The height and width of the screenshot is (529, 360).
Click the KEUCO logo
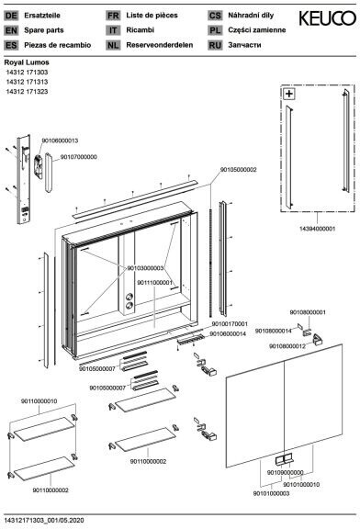[327, 18]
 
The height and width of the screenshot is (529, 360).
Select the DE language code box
[11, 16]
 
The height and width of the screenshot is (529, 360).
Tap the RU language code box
[215, 45]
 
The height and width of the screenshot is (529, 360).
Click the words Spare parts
[44, 30]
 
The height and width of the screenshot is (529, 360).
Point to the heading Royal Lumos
[27, 62]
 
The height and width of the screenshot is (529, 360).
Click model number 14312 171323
[27, 92]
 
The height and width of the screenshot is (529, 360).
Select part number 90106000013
[60, 141]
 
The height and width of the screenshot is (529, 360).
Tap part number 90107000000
[79, 157]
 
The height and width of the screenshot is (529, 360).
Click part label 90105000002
[239, 170]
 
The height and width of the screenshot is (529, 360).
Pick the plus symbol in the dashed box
[289, 94]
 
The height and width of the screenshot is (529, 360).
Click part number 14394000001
[317, 229]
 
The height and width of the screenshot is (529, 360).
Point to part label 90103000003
[145, 268]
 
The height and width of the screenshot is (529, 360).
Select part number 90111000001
[154, 282]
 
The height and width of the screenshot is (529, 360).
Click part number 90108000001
[308, 312]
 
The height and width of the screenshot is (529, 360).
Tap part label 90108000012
[287, 346]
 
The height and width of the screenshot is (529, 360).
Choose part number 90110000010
[39, 401]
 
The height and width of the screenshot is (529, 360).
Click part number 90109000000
[285, 473]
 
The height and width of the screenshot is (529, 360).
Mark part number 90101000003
[271, 493]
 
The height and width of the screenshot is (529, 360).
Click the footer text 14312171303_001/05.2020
[44, 520]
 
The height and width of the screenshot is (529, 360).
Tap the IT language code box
[113, 30]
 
